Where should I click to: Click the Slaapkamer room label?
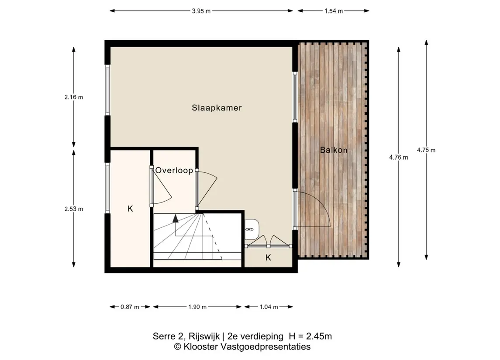[x=217, y=108]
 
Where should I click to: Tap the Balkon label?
[x=334, y=150]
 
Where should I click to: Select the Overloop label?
[x=174, y=171]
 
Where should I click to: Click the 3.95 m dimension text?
[x=201, y=11]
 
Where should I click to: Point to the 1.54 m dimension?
[x=334, y=11]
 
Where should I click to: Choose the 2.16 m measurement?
[x=74, y=97]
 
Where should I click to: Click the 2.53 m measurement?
[x=74, y=209]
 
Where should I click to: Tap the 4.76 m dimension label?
[x=399, y=157]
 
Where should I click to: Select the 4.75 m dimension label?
[x=426, y=150]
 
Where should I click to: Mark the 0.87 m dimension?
[x=130, y=307]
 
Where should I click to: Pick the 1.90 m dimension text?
[x=197, y=307]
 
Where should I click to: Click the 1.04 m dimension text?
[x=269, y=307]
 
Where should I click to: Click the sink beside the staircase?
[x=252, y=230]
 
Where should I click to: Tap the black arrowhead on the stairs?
[x=176, y=218]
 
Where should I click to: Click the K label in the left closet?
[x=130, y=209]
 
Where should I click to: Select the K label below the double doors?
[x=268, y=257]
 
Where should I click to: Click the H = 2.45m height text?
[x=310, y=336]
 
